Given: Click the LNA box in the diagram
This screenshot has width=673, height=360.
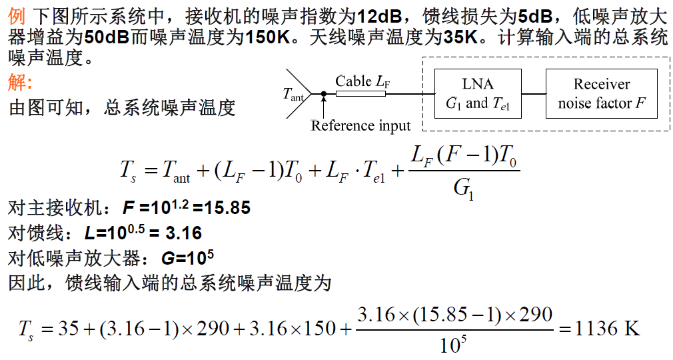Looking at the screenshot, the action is [477, 93].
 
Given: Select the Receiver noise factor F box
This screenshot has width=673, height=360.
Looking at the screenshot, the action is [601, 93].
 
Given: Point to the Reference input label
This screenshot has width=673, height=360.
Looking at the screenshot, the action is [360, 125].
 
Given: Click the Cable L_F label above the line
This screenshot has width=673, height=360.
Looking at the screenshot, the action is [362, 81].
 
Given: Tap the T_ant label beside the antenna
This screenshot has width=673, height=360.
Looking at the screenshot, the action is [293, 95].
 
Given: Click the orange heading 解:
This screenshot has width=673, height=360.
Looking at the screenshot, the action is [20, 83].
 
